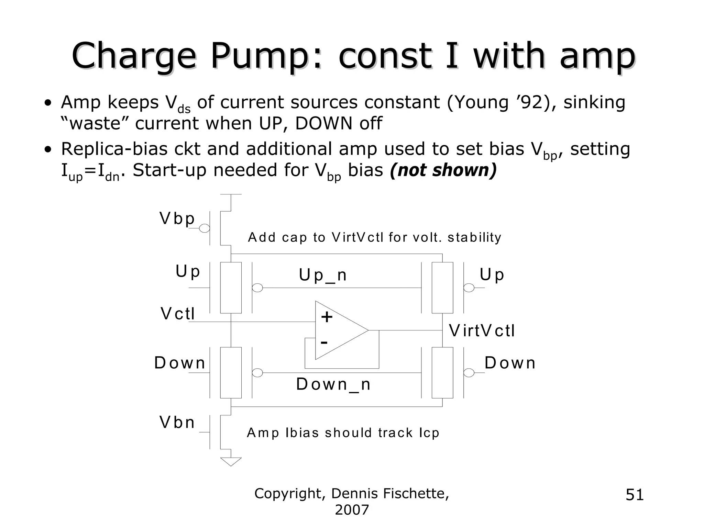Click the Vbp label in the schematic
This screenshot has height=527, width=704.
(177, 218)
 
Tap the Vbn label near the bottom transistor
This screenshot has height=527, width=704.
(177, 422)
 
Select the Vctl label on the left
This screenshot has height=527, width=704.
(177, 314)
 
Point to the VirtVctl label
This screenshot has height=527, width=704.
(482, 331)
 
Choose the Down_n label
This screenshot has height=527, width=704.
(333, 384)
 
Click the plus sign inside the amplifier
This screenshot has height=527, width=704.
(327, 317)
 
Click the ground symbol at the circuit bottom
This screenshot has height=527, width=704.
(231, 461)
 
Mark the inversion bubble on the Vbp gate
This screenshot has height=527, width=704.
(205, 228)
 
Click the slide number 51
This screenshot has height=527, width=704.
(635, 495)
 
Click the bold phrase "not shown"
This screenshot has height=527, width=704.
(443, 170)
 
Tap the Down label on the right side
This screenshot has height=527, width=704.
(510, 363)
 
